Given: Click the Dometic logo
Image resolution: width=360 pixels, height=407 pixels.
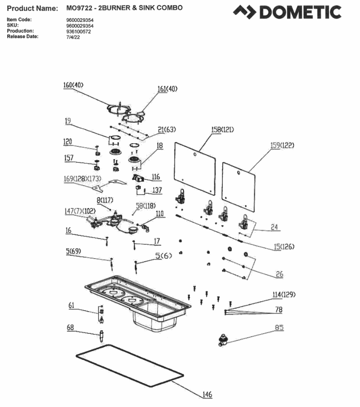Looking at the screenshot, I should (287, 12).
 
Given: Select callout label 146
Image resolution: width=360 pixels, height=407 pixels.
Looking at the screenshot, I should (207, 395).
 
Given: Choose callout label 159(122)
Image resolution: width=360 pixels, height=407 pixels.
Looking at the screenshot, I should (282, 145).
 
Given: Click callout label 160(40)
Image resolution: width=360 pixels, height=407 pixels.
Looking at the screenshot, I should (73, 85).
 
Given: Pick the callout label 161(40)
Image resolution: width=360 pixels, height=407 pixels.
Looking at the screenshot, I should (167, 89).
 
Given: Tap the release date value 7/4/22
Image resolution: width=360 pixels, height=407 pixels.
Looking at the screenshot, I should (73, 37).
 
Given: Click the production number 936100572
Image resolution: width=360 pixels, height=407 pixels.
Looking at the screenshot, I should (79, 32).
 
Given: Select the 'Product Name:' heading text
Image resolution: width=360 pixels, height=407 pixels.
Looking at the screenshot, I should (32, 9).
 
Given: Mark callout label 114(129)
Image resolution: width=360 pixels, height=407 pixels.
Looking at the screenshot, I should (284, 294).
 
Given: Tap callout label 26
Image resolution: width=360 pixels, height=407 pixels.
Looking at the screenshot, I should (279, 274).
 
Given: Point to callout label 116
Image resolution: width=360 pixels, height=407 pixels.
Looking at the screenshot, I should (156, 176).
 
